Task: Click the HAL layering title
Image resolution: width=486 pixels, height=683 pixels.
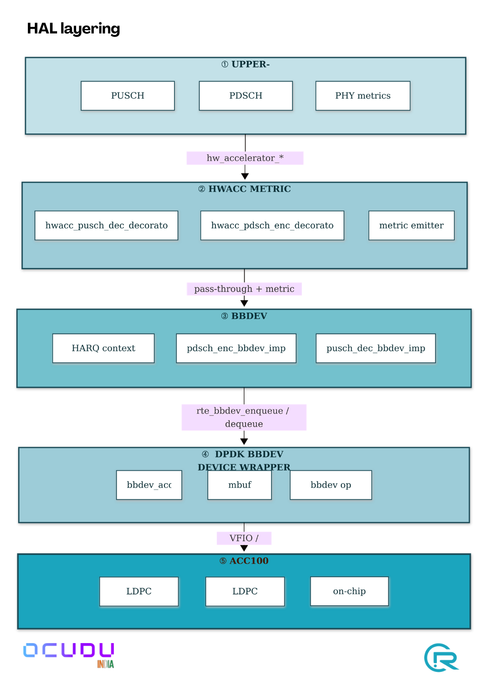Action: pyautogui.click(x=73, y=28)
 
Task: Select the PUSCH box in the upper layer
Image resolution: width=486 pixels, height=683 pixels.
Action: pyautogui.click(x=128, y=96)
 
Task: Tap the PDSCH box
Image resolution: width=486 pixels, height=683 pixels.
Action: pyautogui.click(x=246, y=96)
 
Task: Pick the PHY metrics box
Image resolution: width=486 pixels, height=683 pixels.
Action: pyautogui.click(x=363, y=96)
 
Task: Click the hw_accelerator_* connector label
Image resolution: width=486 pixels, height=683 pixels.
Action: pyautogui.click(x=245, y=158)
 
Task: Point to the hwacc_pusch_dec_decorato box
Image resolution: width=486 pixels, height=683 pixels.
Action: pyautogui.click(x=106, y=225)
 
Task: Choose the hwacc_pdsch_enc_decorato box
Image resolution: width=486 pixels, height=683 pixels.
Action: pyautogui.click(x=272, y=225)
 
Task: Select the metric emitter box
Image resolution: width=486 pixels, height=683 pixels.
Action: pyautogui.click(x=411, y=225)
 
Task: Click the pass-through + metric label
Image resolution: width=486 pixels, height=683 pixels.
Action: pyautogui.click(x=244, y=289)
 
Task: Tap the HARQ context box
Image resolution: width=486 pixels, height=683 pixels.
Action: pyautogui.click(x=103, y=348)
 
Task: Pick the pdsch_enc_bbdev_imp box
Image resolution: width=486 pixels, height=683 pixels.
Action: pyautogui.click(x=236, y=348)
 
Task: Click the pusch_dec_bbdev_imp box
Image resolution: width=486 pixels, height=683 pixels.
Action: pyautogui.click(x=376, y=348)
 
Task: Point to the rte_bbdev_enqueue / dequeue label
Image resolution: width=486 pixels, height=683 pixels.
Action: pyautogui.click(x=244, y=417)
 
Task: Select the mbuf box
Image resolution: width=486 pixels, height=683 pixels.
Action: pyautogui.click(x=240, y=485)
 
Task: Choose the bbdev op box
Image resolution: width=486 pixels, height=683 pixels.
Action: pyautogui.click(x=330, y=485)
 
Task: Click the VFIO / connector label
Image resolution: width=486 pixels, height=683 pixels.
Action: pyautogui.click(x=244, y=538)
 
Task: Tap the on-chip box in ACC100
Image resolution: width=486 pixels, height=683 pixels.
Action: pyautogui.click(x=349, y=591)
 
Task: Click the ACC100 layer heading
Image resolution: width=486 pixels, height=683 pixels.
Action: pyautogui.click(x=244, y=561)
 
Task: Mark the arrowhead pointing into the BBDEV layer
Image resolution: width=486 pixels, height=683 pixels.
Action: pyautogui.click(x=244, y=303)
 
